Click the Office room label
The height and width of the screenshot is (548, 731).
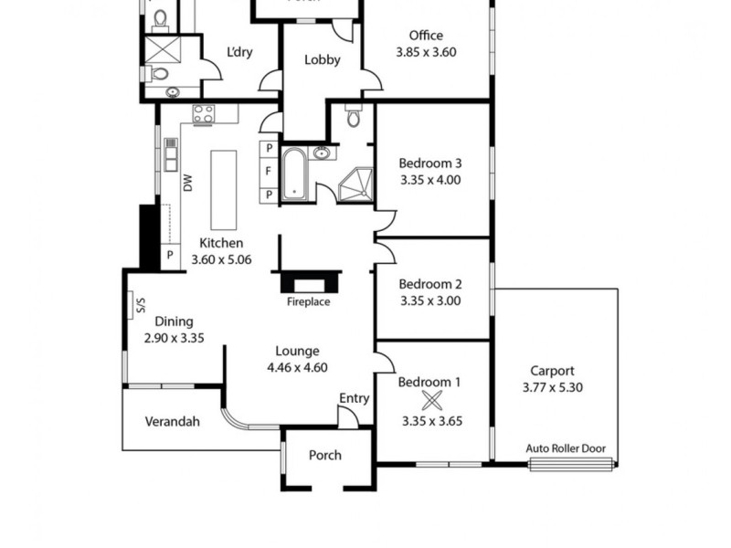tap(426, 36)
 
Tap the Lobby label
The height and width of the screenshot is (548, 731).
tap(322, 60)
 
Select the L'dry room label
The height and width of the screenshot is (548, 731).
tap(239, 52)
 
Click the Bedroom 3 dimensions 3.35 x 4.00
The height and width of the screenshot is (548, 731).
tap(430, 180)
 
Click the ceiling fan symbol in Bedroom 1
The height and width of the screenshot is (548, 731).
tap(431, 399)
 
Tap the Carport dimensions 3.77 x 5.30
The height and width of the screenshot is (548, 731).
tap(552, 386)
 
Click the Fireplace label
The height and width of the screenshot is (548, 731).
tap(308, 301)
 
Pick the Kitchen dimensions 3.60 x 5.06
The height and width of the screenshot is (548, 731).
tap(221, 259)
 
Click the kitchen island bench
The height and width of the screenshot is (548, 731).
tap(224, 190)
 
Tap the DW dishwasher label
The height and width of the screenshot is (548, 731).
tap(188, 183)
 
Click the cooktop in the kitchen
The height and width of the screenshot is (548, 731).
tap(203, 115)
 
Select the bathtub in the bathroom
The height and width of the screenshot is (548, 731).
tap(295, 174)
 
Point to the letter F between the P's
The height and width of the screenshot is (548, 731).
tap(270, 171)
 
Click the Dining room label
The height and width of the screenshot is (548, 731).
tap(174, 321)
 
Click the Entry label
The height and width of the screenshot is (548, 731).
tap(354, 398)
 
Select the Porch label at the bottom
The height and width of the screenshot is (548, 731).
tap(324, 455)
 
